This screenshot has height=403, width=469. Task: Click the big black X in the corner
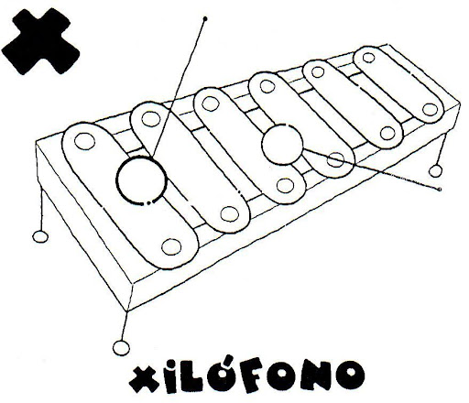click(40, 42)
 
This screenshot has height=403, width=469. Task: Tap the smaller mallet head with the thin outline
click(282, 145)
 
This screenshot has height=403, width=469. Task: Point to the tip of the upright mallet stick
click(205, 19)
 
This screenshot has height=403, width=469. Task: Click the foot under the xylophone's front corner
click(121, 348)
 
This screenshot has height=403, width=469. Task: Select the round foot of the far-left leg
click(40, 236)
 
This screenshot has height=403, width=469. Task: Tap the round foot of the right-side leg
click(435, 171)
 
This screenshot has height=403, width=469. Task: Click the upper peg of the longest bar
click(84, 141)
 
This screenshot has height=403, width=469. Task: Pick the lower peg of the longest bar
click(171, 246)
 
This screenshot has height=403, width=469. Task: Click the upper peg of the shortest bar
click(368, 58)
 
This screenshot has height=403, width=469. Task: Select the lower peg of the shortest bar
click(430, 110)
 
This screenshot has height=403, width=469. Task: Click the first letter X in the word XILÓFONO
click(143, 379)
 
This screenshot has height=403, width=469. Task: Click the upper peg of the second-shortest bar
click(318, 72)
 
